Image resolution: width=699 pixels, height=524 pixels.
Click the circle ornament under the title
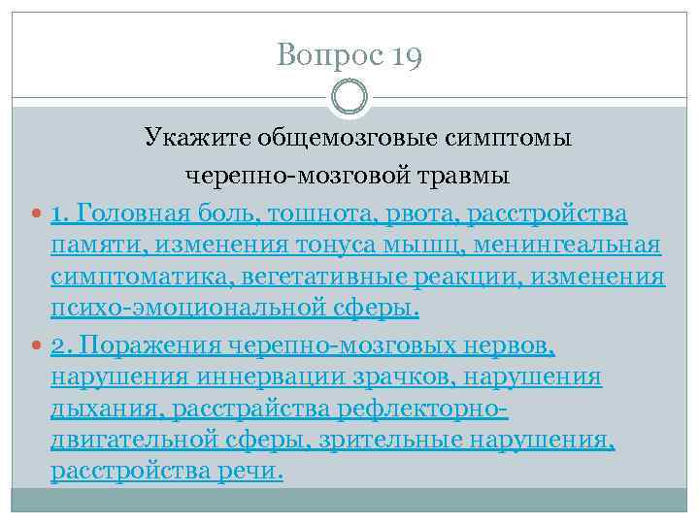[349, 97]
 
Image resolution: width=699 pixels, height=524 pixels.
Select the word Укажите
[198, 138]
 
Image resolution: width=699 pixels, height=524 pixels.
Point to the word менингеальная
[574, 245]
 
